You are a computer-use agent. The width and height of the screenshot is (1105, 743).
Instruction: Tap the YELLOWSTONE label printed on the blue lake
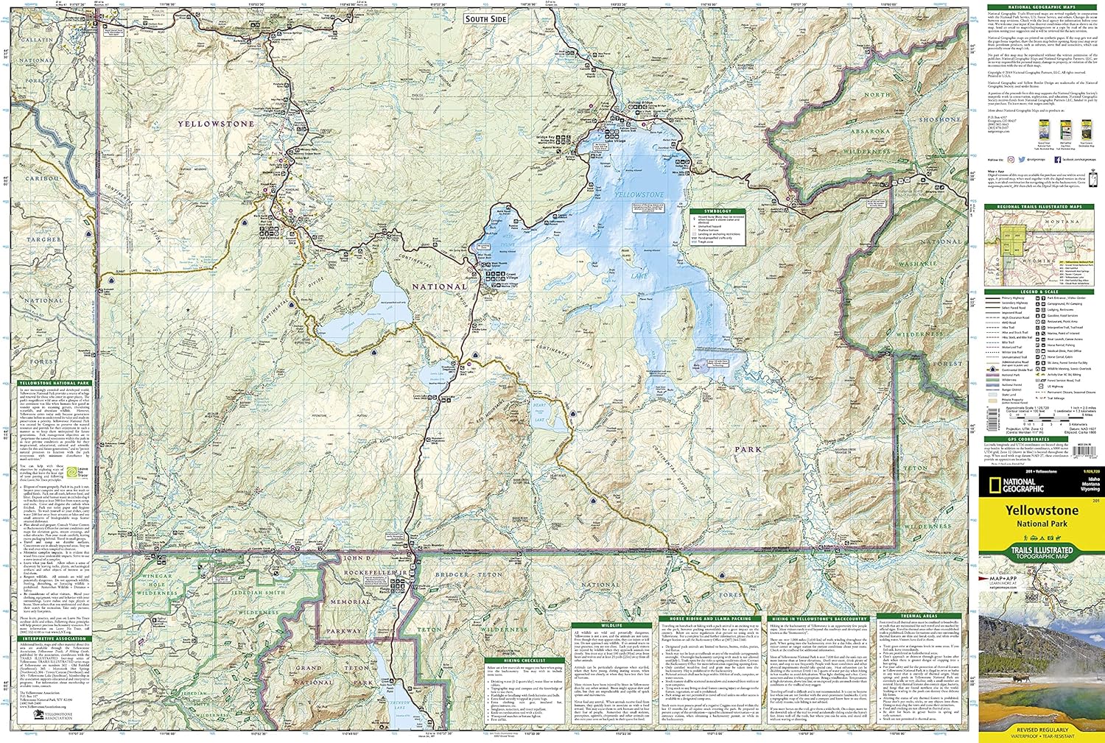[x=639, y=195]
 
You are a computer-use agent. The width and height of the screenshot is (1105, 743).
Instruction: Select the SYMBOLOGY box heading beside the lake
[x=718, y=211]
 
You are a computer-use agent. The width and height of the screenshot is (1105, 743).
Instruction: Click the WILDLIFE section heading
[x=611, y=625]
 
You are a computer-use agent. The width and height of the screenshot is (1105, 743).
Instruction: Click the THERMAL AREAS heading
[x=918, y=616]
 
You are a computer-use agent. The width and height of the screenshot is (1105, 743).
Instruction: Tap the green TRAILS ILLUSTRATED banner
[x=1041, y=550]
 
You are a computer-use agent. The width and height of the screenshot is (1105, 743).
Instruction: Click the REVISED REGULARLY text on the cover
[x=1041, y=729]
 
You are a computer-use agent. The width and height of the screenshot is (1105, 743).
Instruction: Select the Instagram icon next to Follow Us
[x=1011, y=159]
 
